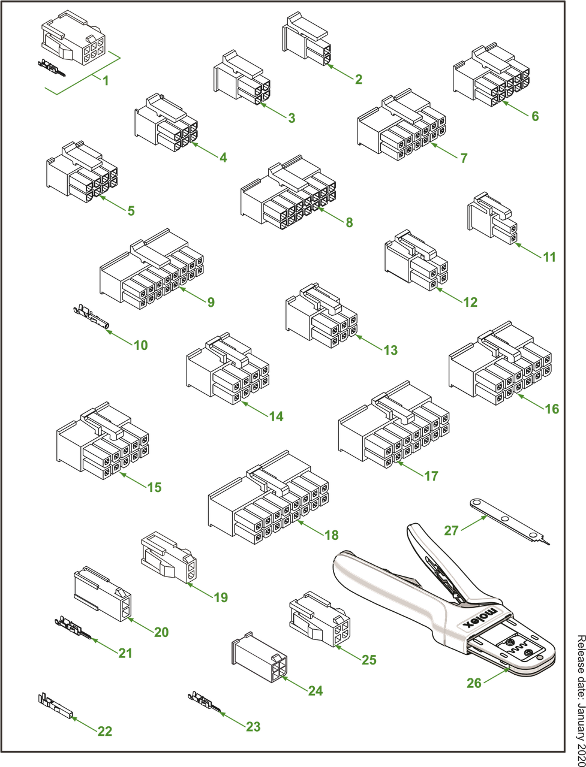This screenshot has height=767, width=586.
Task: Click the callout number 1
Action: click(x=106, y=81)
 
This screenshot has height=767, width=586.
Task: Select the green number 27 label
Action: click(x=451, y=531)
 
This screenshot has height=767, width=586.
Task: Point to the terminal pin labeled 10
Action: click(x=91, y=317)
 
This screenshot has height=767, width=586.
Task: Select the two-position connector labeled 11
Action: click(x=492, y=218)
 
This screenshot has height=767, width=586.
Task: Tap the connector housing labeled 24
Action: click(x=259, y=658)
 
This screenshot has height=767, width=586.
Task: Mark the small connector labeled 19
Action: click(x=169, y=558)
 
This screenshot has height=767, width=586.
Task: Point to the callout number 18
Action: click(x=332, y=535)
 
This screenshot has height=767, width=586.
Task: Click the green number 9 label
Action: click(x=211, y=302)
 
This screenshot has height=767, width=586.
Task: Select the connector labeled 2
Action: click(x=306, y=39)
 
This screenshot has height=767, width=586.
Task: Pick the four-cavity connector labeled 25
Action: click(x=320, y=620)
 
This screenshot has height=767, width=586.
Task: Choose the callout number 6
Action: click(x=535, y=116)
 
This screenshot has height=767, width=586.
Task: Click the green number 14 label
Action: click(x=277, y=416)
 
